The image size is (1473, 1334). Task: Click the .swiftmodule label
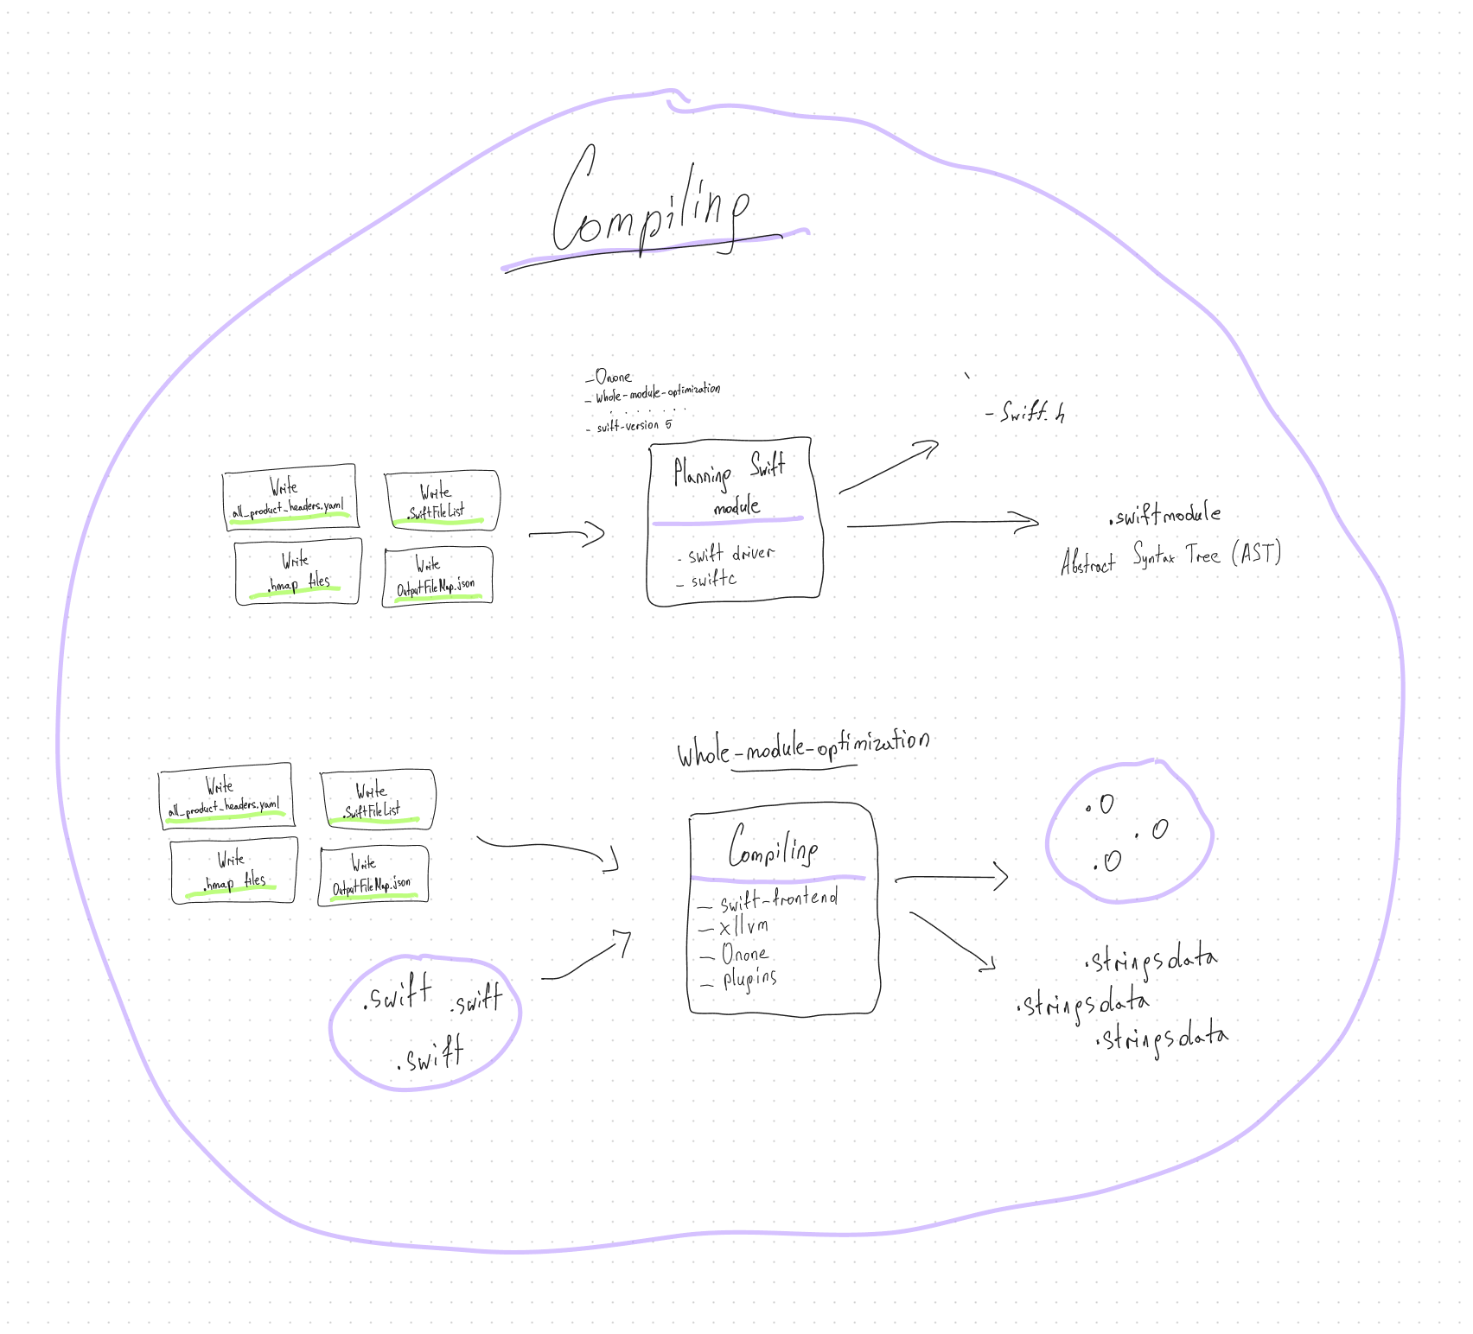(1164, 516)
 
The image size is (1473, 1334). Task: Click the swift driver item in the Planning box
(731, 554)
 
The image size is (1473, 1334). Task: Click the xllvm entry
(743, 927)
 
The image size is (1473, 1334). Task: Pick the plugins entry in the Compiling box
(749, 979)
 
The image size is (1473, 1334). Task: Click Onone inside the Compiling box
(744, 954)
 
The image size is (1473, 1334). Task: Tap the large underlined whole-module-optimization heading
(802, 747)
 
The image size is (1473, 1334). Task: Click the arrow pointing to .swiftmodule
(942, 522)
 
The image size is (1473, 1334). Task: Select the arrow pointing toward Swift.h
(889, 467)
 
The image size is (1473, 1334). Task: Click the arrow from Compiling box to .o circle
(951, 878)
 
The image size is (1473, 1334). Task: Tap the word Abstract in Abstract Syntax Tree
(1087, 562)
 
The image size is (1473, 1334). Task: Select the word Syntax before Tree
(1154, 556)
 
